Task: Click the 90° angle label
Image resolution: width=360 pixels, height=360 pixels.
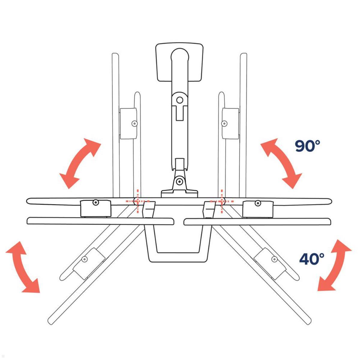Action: tap(307, 146)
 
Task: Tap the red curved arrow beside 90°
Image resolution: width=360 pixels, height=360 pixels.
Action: tap(281, 163)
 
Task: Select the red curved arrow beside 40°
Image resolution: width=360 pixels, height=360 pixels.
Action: tap(334, 265)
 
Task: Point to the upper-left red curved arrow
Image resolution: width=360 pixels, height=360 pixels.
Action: tap(80, 163)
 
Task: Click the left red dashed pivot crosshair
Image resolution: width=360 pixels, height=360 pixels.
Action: tap(137, 201)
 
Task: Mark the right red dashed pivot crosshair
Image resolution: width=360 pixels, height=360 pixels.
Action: tap(222, 201)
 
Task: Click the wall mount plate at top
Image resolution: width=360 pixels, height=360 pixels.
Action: tap(179, 62)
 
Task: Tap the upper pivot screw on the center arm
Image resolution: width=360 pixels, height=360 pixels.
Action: tap(179, 100)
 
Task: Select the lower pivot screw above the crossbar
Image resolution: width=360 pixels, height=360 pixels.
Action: tap(179, 181)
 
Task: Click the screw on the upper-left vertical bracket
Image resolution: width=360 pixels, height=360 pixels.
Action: tap(134, 123)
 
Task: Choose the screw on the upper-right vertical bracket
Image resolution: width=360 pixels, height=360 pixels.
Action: tap(224, 123)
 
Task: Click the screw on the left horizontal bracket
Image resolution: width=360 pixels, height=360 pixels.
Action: tap(95, 202)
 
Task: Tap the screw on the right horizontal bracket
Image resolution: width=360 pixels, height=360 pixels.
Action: tap(257, 203)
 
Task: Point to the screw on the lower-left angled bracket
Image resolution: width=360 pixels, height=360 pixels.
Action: tap(85, 259)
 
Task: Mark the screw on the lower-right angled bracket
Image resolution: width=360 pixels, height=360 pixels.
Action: tap(273, 259)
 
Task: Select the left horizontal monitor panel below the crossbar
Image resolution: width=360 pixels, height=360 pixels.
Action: tap(100, 221)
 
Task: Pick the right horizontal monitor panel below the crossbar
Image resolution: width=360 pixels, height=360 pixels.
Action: tap(258, 222)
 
